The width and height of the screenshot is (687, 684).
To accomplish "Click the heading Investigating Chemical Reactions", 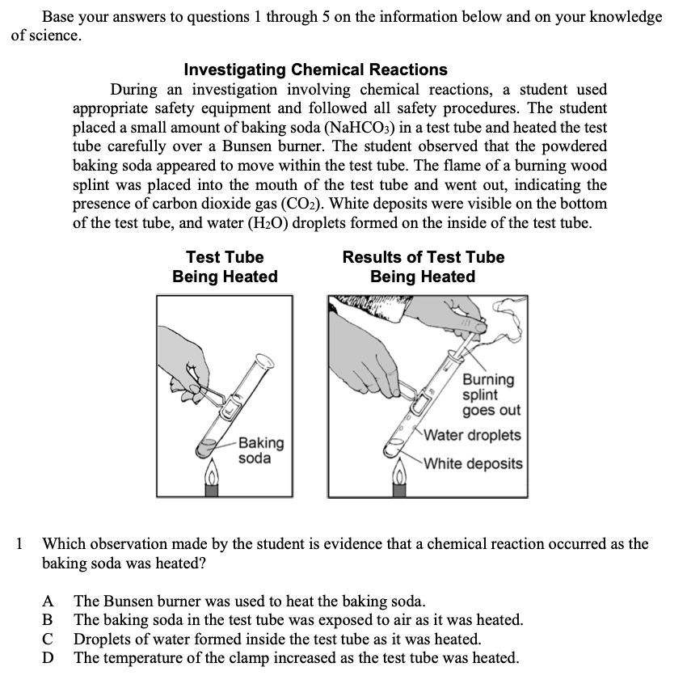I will (x=315, y=70).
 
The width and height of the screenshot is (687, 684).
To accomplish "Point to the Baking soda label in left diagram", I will (x=260, y=450).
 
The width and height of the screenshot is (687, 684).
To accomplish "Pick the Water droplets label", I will (x=473, y=435).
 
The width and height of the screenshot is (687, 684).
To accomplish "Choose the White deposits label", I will (x=474, y=464).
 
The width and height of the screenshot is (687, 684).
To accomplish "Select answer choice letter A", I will (x=49, y=602).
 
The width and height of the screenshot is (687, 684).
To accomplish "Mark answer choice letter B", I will (x=49, y=621).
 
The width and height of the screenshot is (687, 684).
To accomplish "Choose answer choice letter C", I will (x=49, y=640).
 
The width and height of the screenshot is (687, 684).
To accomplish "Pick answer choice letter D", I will (x=49, y=658).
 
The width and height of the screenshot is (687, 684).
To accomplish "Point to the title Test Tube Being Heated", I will (x=225, y=267).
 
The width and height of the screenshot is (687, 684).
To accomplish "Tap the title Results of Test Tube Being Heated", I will (x=423, y=267).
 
